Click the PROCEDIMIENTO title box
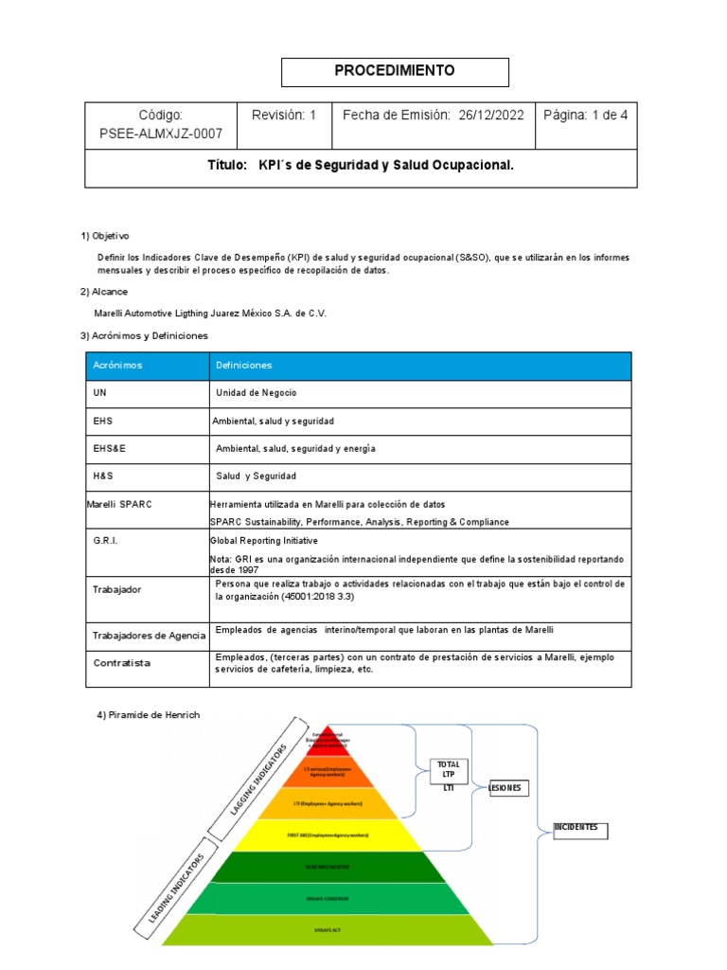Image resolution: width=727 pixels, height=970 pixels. point(395,71)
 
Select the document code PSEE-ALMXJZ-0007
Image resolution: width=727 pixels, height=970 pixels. point(161,134)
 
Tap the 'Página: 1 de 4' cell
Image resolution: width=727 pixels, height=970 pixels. point(586,116)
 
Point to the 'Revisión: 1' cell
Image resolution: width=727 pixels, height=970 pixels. point(284,116)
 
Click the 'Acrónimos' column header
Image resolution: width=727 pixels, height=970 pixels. point(117,365)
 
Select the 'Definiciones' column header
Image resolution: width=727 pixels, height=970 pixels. point(243,365)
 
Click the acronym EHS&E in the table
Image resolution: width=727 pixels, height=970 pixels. point(110,448)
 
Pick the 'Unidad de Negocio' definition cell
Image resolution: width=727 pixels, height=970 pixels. point(257,393)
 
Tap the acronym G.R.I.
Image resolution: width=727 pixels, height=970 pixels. point(105,539)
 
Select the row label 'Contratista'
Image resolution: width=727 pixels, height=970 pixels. point(121,663)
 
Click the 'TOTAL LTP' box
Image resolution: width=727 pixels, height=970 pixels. point(448,770)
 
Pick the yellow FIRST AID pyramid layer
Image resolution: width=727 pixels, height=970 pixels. point(328,835)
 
